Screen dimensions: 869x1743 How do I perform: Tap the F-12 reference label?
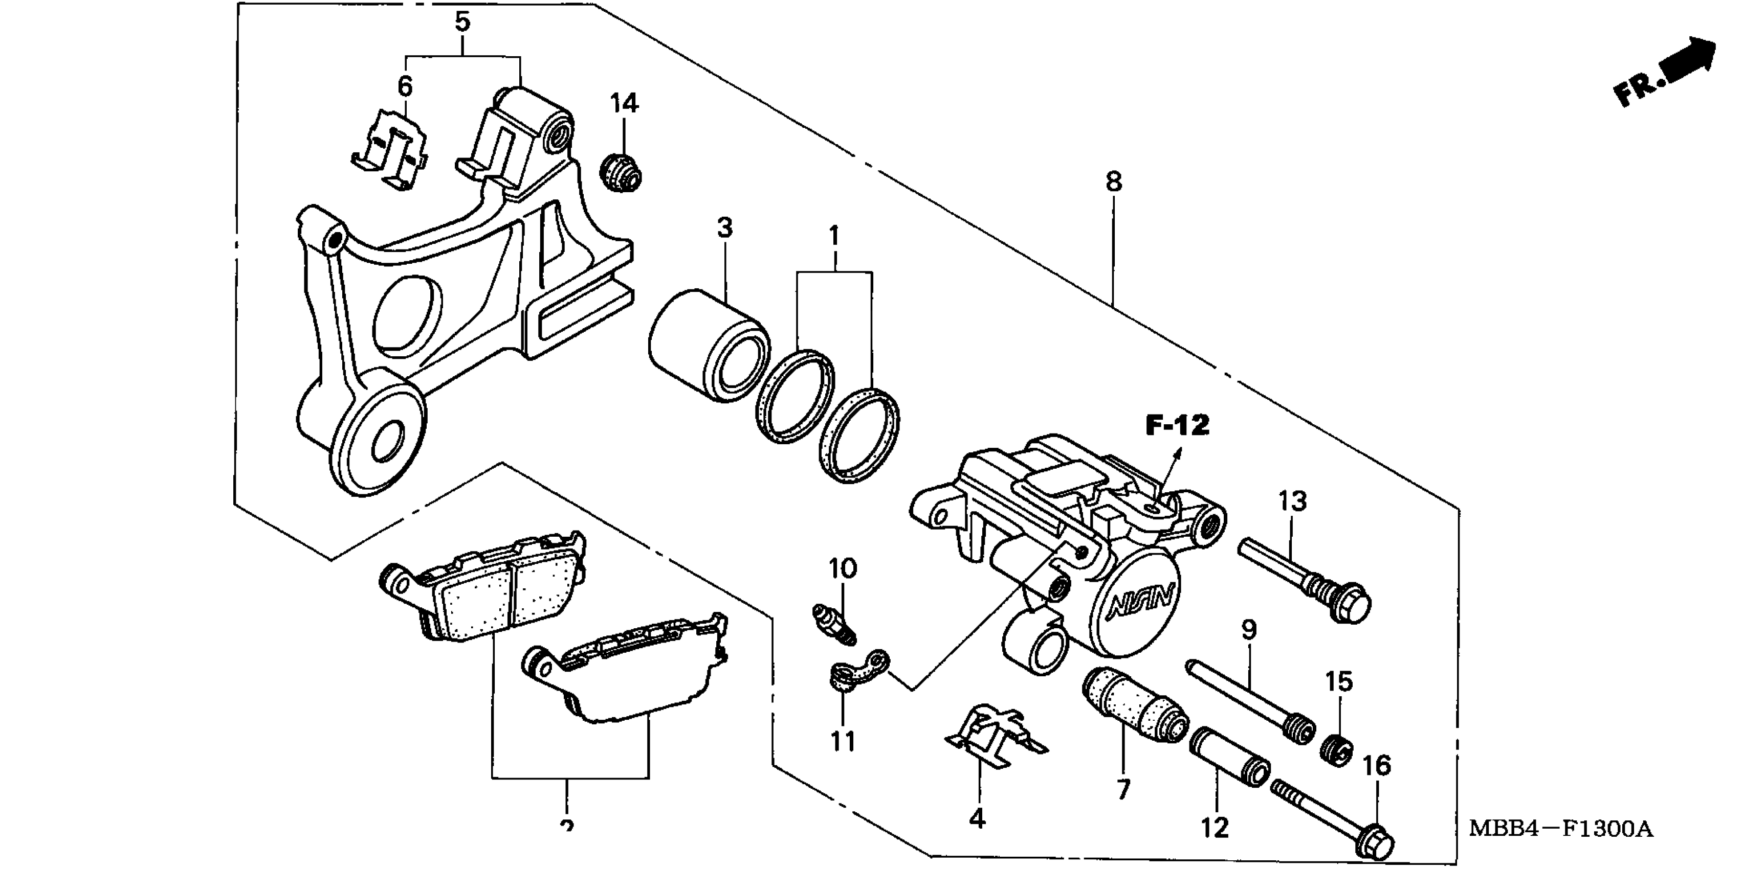pyautogui.click(x=1177, y=426)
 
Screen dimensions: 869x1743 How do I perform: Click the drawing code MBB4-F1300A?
pyautogui.click(x=1560, y=829)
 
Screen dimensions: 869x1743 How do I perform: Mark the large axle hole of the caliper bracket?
pyautogui.click(x=388, y=440)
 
